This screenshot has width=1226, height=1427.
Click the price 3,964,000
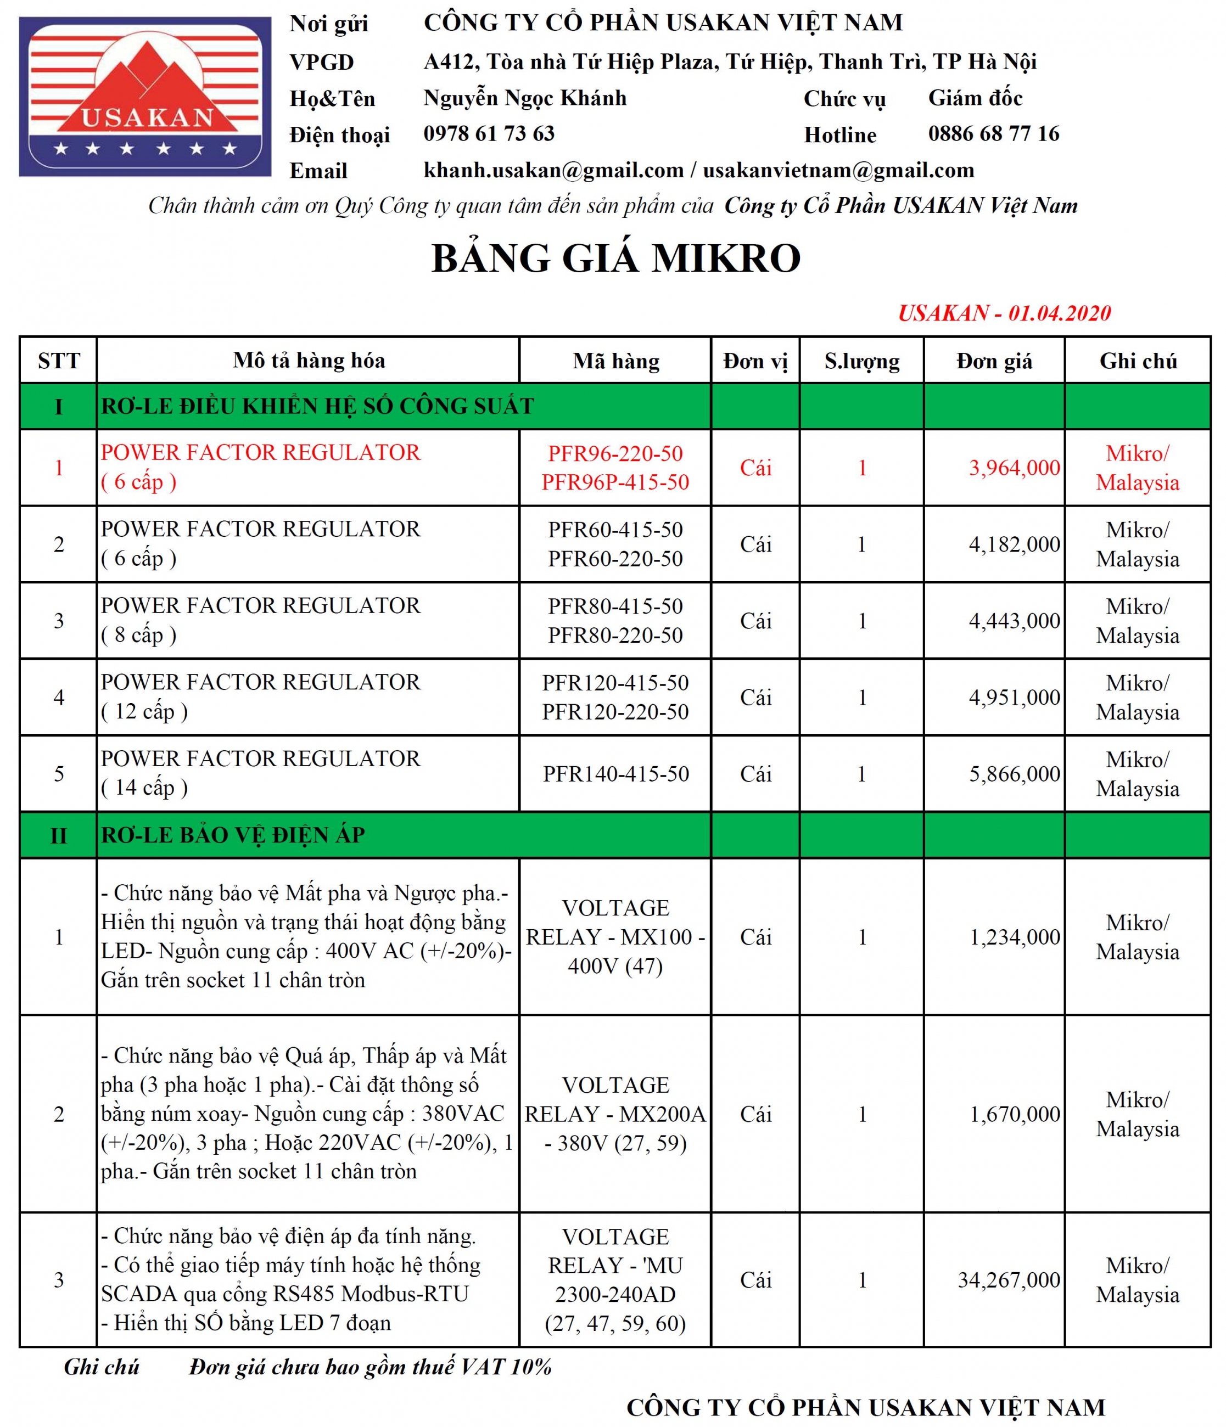point(1014,468)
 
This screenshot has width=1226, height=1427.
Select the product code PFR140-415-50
point(615,773)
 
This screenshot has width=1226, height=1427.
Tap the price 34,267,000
point(1009,1279)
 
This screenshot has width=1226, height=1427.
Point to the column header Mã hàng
point(615,361)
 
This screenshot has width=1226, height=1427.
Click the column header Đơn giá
point(994,361)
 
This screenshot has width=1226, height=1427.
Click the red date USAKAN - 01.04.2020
point(1004,313)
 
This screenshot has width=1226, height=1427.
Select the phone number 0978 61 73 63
point(489,133)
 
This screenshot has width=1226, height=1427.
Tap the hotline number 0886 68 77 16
point(993,133)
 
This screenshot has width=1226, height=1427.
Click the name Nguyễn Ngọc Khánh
point(525,98)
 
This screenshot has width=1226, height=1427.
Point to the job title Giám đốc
point(975,98)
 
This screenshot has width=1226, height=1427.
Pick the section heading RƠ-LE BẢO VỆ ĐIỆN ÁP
point(233,835)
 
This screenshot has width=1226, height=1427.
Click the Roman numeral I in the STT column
point(59,406)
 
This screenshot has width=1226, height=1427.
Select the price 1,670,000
point(1015,1114)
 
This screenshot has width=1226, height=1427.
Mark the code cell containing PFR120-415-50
point(615,697)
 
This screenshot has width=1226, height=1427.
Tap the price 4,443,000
point(1014,621)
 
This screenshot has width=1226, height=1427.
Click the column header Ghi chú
point(1138,361)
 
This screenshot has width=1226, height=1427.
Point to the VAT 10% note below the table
point(371,1367)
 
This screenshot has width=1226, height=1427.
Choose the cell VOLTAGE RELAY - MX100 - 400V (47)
point(615,937)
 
